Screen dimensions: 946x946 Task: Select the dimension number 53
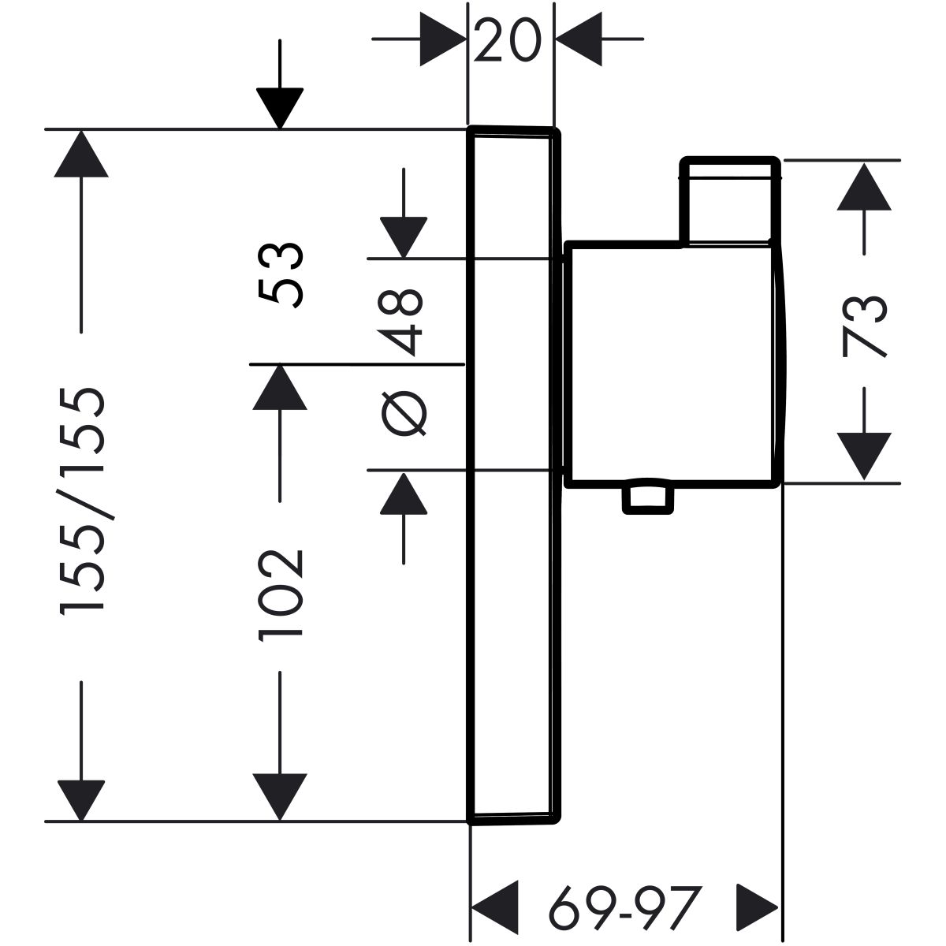point(279,274)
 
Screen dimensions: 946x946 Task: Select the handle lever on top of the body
point(730,201)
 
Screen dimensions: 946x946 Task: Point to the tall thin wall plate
point(513,473)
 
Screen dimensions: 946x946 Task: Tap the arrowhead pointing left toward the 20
point(579,39)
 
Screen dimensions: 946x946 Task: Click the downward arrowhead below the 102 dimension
point(279,795)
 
